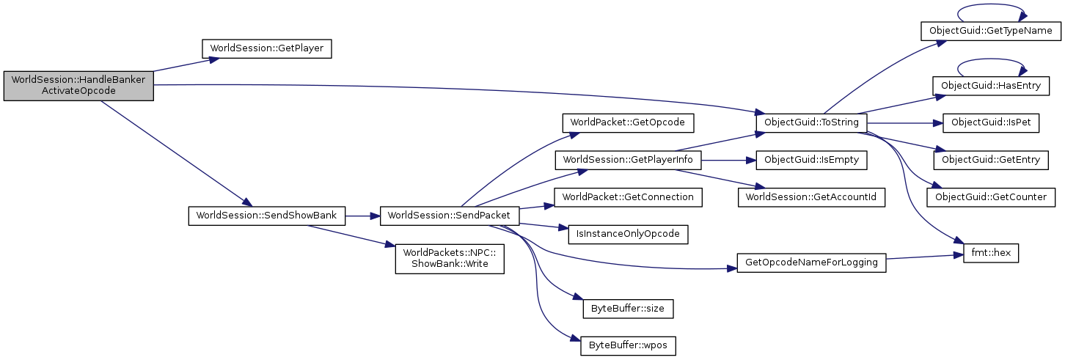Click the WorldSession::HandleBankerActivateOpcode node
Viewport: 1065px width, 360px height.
click(78, 85)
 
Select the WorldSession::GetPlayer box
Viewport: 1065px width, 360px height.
click(267, 48)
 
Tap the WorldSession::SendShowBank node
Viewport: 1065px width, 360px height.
click(267, 216)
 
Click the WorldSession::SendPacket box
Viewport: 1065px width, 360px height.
click(450, 216)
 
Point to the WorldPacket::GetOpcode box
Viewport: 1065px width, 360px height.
click(628, 122)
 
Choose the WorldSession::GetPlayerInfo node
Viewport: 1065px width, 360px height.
click(629, 159)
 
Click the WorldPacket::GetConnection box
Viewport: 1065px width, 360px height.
click(628, 196)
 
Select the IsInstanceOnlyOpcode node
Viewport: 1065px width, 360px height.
click(629, 234)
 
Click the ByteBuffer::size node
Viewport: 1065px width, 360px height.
click(628, 309)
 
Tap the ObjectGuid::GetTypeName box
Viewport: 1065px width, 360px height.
click(991, 31)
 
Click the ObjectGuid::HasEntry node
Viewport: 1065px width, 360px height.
click(991, 86)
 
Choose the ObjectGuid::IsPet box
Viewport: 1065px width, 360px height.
click(991, 122)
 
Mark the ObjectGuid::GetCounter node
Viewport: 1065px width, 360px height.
click(991, 196)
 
